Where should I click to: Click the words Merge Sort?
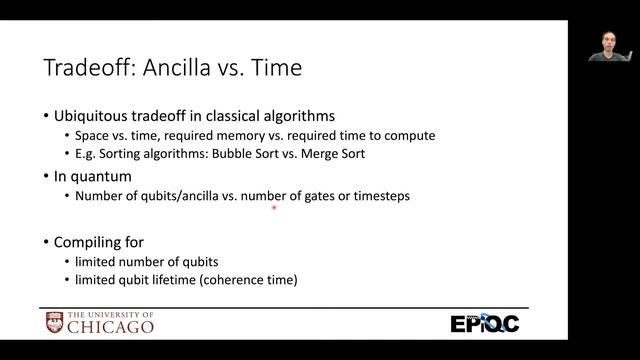(338, 155)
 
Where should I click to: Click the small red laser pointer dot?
(274, 209)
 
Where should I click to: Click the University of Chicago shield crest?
(55, 323)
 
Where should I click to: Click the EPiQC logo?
(484, 323)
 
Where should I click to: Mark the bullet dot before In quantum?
(46, 177)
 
